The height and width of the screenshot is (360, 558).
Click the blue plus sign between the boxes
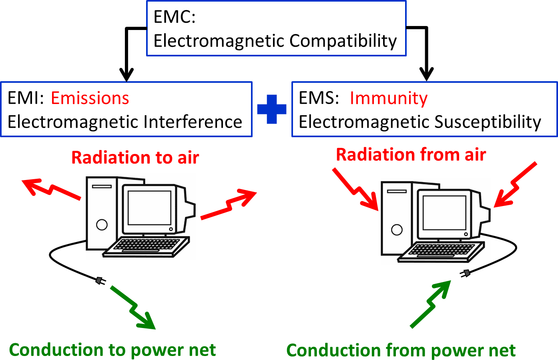click(x=272, y=109)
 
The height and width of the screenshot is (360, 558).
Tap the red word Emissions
click(x=90, y=98)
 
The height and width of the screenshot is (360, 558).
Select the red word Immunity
click(x=388, y=98)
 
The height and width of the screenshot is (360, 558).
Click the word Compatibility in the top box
click(x=343, y=41)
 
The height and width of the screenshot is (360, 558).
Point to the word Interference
click(x=193, y=122)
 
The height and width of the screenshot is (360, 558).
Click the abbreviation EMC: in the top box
click(x=174, y=17)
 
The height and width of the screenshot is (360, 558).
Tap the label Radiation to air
click(x=135, y=158)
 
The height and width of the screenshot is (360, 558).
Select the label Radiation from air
click(x=411, y=155)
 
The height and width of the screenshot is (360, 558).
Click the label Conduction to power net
click(x=112, y=350)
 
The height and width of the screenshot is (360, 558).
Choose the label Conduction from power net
click(x=401, y=350)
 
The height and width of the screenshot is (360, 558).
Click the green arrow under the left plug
click(x=133, y=308)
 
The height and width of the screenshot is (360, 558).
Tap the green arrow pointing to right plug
click(x=431, y=304)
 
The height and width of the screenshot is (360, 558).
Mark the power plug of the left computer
click(x=100, y=281)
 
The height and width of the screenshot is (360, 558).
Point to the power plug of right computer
click(x=465, y=274)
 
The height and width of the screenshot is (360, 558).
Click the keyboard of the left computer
click(x=147, y=246)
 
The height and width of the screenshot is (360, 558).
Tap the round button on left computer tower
click(x=102, y=225)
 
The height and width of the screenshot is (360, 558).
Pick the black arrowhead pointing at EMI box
click(x=126, y=74)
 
